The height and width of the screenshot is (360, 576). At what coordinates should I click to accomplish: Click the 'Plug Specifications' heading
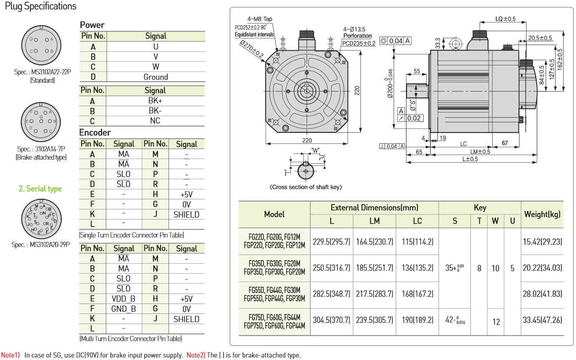click(x=40, y=6)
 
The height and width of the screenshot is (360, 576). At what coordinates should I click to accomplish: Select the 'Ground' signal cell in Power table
click(x=155, y=77)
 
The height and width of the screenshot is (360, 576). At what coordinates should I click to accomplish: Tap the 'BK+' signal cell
click(x=155, y=100)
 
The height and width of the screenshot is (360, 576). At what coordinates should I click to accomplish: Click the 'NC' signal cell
click(x=155, y=121)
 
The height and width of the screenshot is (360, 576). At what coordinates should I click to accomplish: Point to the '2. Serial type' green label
click(x=40, y=189)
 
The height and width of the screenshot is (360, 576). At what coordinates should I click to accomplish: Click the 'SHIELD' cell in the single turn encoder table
click(x=186, y=214)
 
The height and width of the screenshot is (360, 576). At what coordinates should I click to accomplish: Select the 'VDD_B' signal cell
click(x=123, y=299)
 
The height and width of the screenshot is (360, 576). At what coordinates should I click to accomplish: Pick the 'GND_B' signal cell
click(x=123, y=309)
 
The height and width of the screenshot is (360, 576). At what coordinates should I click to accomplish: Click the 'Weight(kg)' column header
click(x=542, y=214)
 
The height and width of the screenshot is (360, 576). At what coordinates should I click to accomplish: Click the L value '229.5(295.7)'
click(x=331, y=242)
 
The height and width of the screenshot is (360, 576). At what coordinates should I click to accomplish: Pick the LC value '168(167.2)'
click(x=417, y=294)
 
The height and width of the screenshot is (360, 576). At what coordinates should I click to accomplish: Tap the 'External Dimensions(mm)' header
click(x=375, y=208)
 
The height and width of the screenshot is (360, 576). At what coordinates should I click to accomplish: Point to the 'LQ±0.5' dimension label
click(x=505, y=19)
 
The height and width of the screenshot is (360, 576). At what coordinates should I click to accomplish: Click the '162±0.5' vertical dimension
click(x=560, y=59)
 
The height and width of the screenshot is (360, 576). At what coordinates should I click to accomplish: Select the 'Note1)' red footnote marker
click(x=10, y=355)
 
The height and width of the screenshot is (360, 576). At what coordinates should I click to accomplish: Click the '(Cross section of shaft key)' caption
click(x=307, y=187)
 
